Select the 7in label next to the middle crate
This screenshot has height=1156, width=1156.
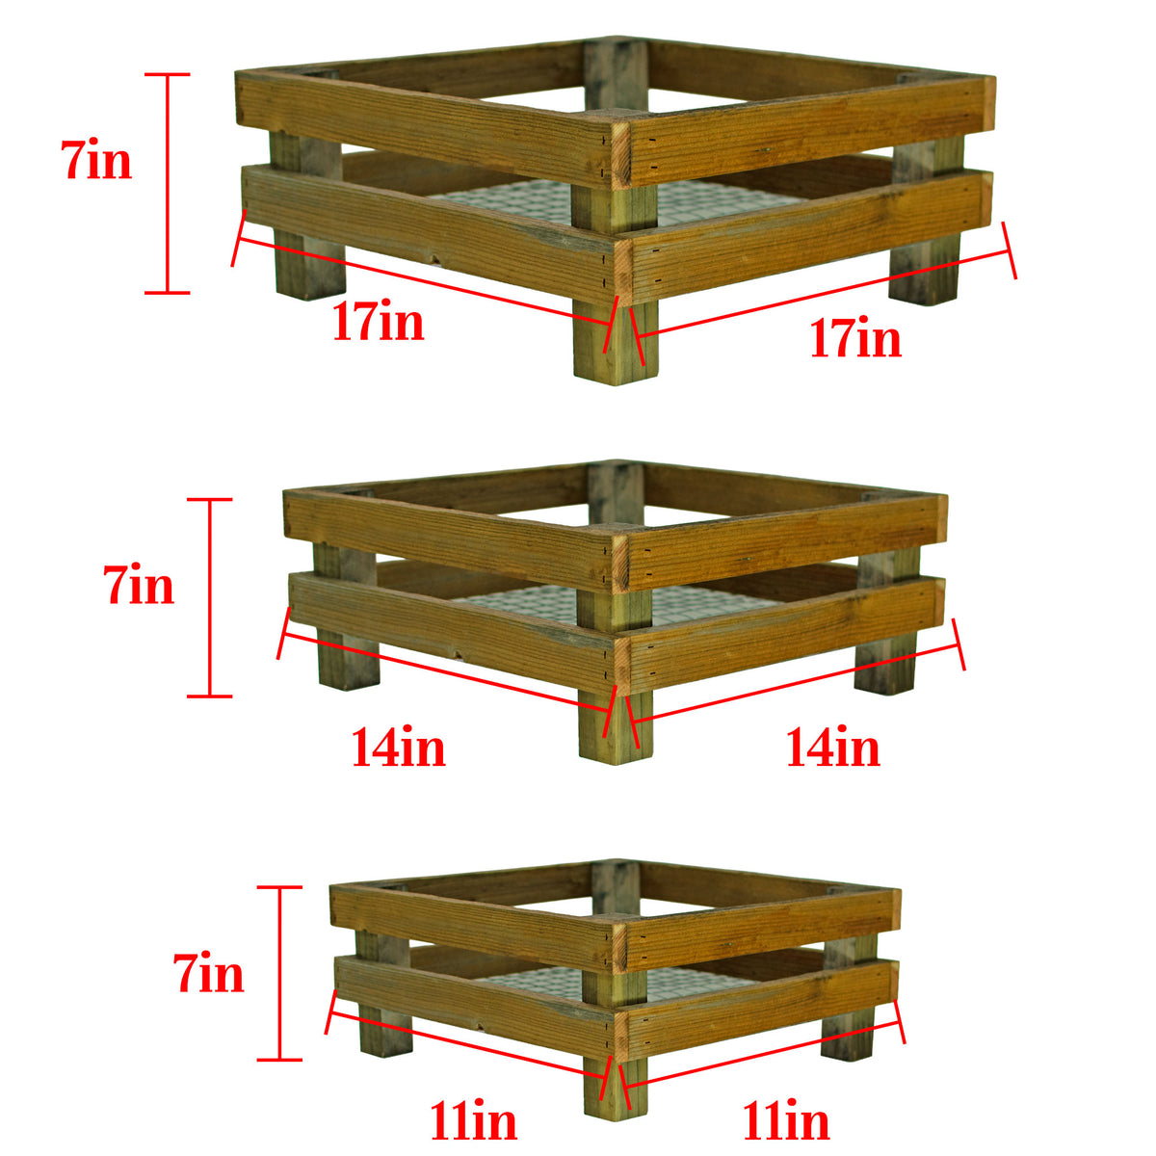(140, 585)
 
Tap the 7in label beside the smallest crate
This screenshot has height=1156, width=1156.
(209, 974)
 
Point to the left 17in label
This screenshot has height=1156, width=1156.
(379, 322)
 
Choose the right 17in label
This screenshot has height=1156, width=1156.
(855, 339)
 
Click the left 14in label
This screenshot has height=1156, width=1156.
(398, 748)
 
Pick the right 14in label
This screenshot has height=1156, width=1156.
(833, 748)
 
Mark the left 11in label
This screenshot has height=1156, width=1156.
(473, 1121)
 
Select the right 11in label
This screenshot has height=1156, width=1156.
(785, 1121)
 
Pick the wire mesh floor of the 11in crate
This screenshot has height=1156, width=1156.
(539, 983)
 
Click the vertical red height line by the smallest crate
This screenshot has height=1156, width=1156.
(280, 973)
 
